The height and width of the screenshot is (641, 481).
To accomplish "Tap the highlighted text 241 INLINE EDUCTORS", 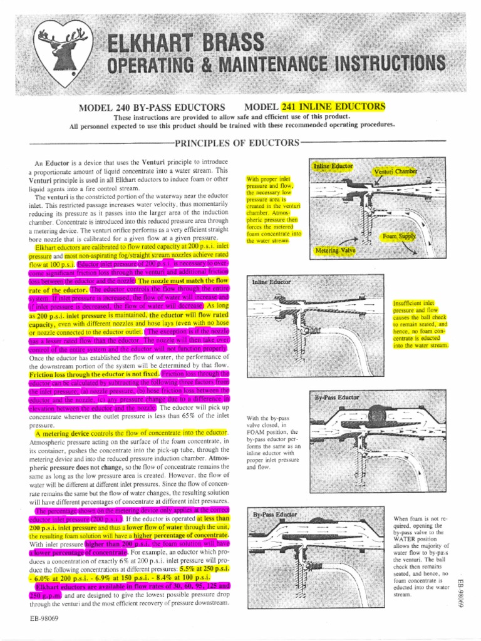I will point(333,106).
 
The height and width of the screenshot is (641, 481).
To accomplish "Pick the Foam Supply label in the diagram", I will point(400,237).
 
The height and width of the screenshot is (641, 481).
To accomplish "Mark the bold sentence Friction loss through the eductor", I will point(93,374).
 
